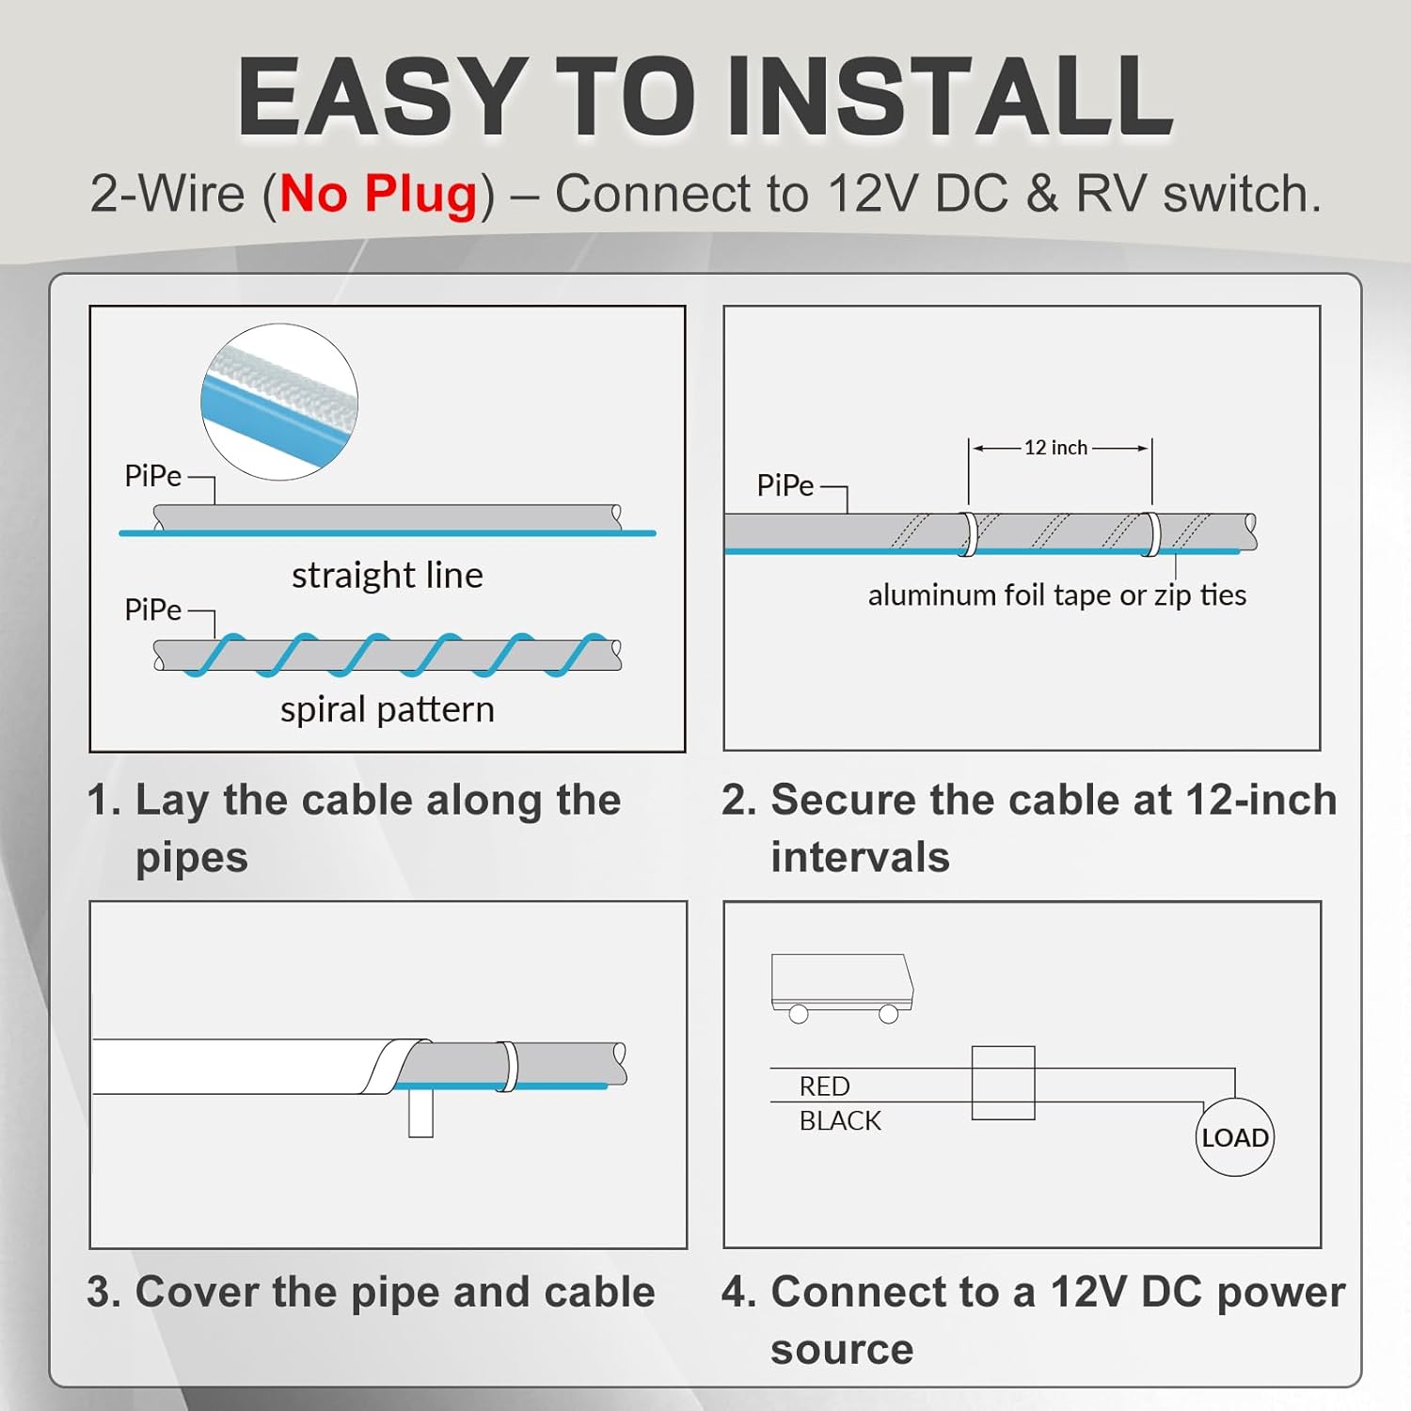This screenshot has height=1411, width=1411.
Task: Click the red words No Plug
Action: click(x=379, y=195)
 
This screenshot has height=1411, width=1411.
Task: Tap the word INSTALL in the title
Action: click(x=950, y=98)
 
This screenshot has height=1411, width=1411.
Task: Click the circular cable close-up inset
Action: click(x=279, y=402)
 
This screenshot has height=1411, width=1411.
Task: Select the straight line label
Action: click(x=387, y=575)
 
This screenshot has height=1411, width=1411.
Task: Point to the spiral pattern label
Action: click(x=387, y=709)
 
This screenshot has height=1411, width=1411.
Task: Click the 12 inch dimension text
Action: click(x=1055, y=448)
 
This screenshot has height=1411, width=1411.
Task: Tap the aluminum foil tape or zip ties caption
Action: click(x=1056, y=595)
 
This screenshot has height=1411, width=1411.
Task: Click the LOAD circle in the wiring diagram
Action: click(x=1234, y=1137)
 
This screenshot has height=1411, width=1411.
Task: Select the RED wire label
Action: click(x=824, y=1086)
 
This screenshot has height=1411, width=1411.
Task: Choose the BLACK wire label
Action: click(x=840, y=1121)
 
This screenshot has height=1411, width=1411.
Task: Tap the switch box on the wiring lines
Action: click(x=1003, y=1083)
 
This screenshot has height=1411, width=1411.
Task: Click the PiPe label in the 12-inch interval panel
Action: click(x=785, y=485)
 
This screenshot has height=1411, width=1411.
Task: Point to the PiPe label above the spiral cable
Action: click(x=152, y=610)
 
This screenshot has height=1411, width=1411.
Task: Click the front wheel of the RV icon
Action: click(x=888, y=1014)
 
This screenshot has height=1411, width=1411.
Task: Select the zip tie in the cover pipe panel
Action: click(x=507, y=1066)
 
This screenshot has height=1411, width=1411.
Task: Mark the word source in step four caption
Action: click(x=842, y=1350)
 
